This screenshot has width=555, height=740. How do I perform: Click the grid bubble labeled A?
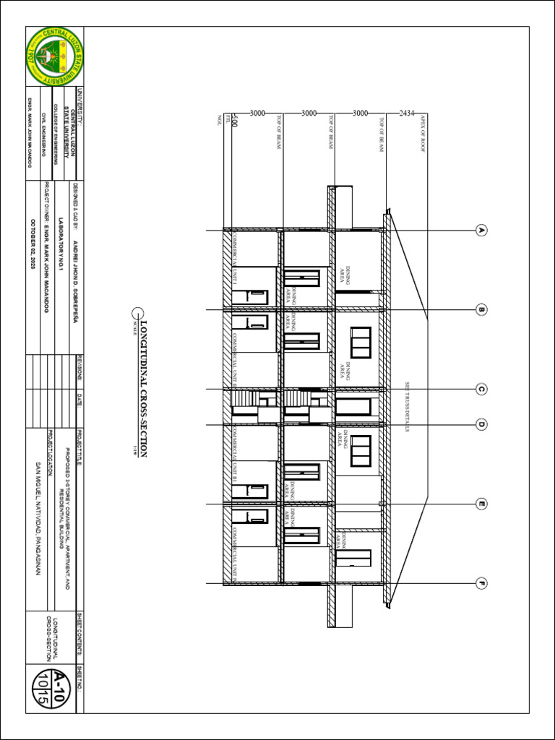[481, 231]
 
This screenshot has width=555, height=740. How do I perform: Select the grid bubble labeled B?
[481, 310]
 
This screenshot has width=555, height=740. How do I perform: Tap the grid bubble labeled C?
[481, 390]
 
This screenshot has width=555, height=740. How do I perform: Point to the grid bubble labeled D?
[481, 424]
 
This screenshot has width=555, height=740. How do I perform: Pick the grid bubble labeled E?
[481, 504]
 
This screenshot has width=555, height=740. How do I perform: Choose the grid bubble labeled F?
[481, 582]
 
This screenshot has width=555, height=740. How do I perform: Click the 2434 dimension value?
[407, 113]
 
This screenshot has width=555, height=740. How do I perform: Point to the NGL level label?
[219, 120]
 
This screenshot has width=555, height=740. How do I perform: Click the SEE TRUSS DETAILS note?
[408, 408]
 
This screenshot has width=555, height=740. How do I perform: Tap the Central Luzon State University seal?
[54, 56]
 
